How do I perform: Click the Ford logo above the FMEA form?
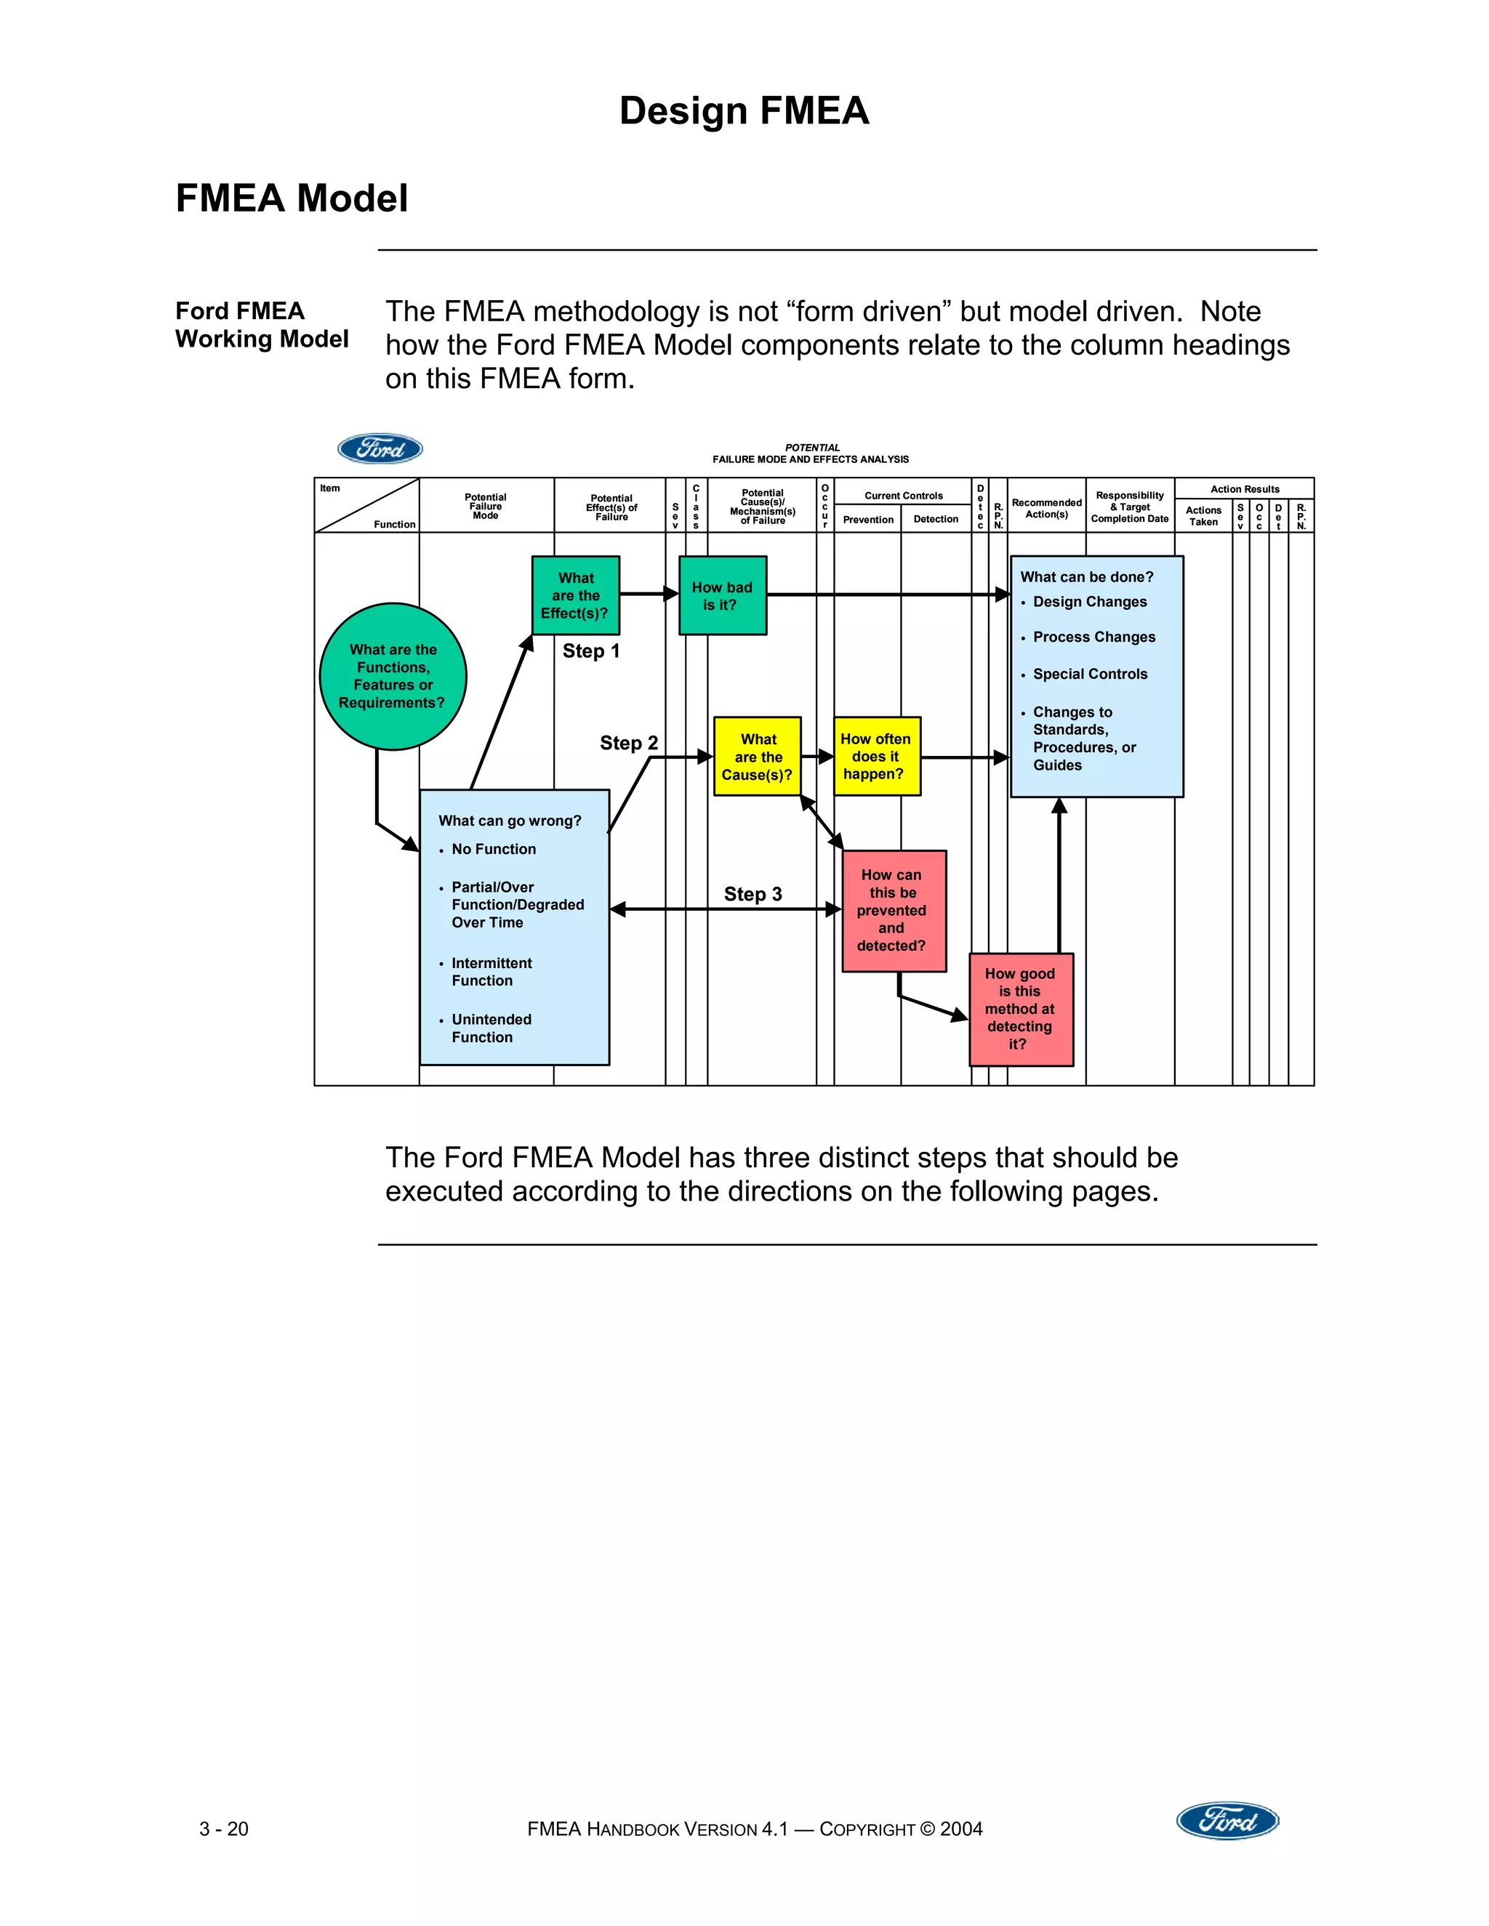(380, 449)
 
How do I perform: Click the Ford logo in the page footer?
(1227, 1820)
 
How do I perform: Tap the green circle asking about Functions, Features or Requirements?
(393, 677)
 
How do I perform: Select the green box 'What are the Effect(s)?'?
(575, 595)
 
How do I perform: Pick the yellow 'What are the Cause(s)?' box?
(757, 757)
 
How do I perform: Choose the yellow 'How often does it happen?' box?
(876, 757)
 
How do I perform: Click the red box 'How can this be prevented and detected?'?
(893, 911)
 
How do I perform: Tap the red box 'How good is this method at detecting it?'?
(1020, 1009)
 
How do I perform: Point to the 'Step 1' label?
(591, 652)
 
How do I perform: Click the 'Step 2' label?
(628, 744)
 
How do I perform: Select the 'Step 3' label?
(752, 894)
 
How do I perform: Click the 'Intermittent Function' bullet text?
(491, 972)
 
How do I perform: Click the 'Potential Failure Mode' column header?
(485, 506)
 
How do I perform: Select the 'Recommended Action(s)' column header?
(1046, 508)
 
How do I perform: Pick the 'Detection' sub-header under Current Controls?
(935, 520)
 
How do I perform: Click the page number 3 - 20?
(224, 1829)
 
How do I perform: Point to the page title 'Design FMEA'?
(744, 111)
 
